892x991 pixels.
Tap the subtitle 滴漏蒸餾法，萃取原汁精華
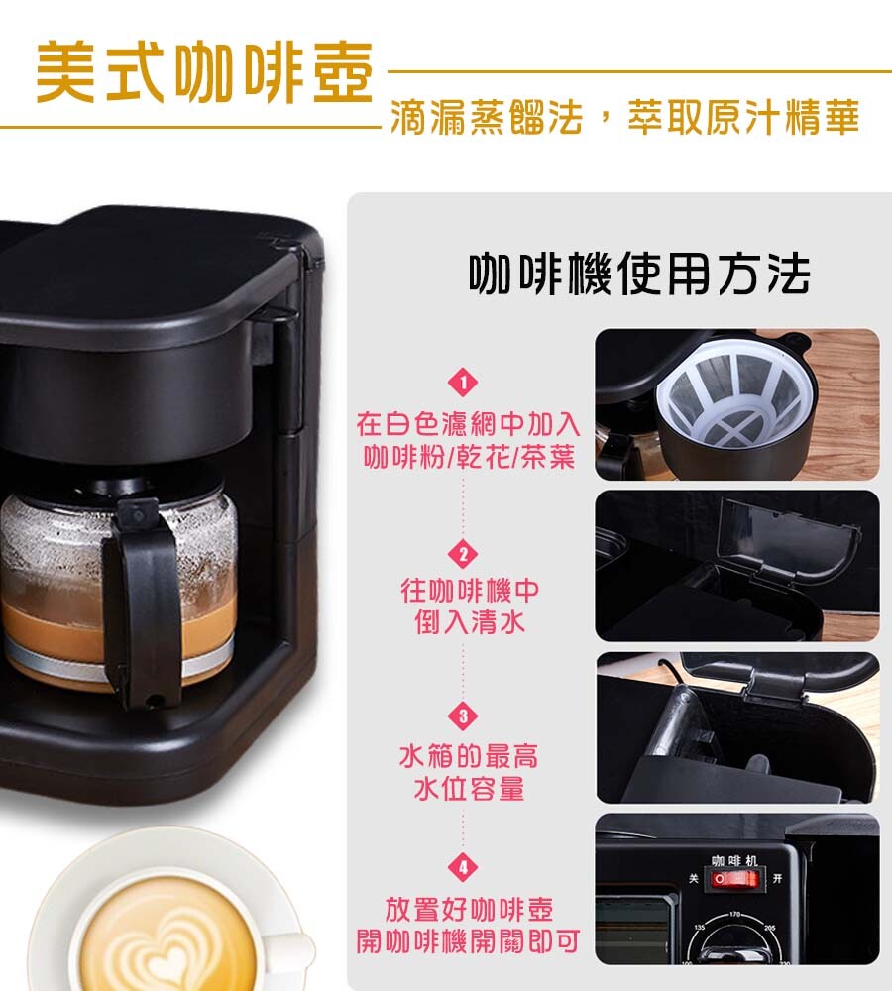625,117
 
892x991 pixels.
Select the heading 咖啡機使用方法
639,274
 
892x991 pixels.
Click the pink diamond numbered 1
464,383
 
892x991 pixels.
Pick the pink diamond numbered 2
464,554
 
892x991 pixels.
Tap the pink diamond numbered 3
464,716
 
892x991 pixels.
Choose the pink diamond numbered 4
464,867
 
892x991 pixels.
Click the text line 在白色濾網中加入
468,424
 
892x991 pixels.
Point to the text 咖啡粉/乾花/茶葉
469,457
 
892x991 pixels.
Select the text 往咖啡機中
470,591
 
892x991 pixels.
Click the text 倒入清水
470,622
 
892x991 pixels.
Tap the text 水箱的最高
469,756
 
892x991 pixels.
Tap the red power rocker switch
734,879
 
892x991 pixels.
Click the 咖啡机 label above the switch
734,861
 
